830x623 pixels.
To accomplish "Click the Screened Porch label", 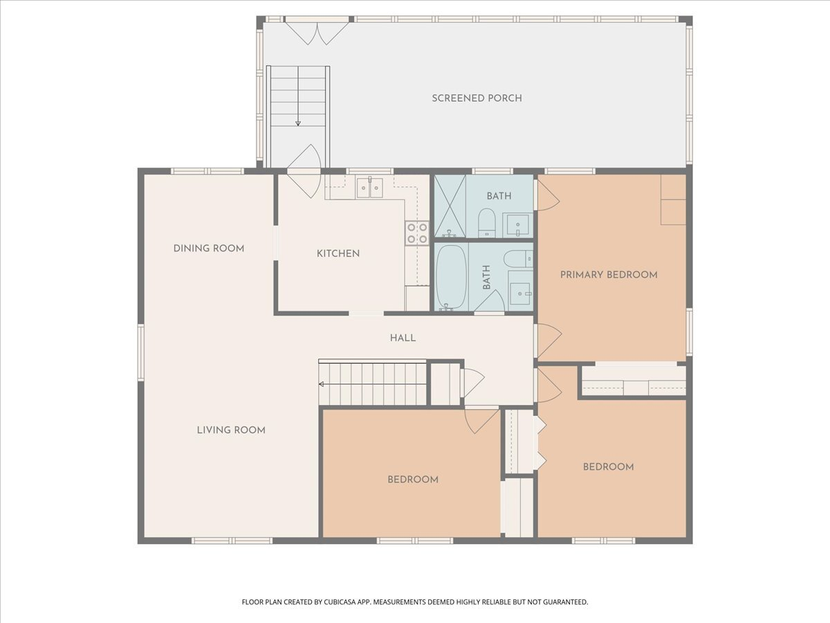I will tap(477, 98).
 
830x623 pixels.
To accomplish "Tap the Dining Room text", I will tap(209, 249).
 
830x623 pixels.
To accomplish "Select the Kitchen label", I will tap(338, 253).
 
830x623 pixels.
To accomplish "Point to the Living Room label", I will tap(231, 430).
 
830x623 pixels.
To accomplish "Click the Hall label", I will tap(403, 338).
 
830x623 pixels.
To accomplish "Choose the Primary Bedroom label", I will tap(609, 275).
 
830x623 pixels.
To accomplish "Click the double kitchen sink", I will tap(369, 188).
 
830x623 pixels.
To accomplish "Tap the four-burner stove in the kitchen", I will tap(417, 233).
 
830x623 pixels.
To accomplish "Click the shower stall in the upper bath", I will tap(450, 206).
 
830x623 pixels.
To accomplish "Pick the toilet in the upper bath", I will tap(487, 222).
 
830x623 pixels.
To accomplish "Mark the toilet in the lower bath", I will tap(518, 259).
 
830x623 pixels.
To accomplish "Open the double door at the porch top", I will tap(317, 31).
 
